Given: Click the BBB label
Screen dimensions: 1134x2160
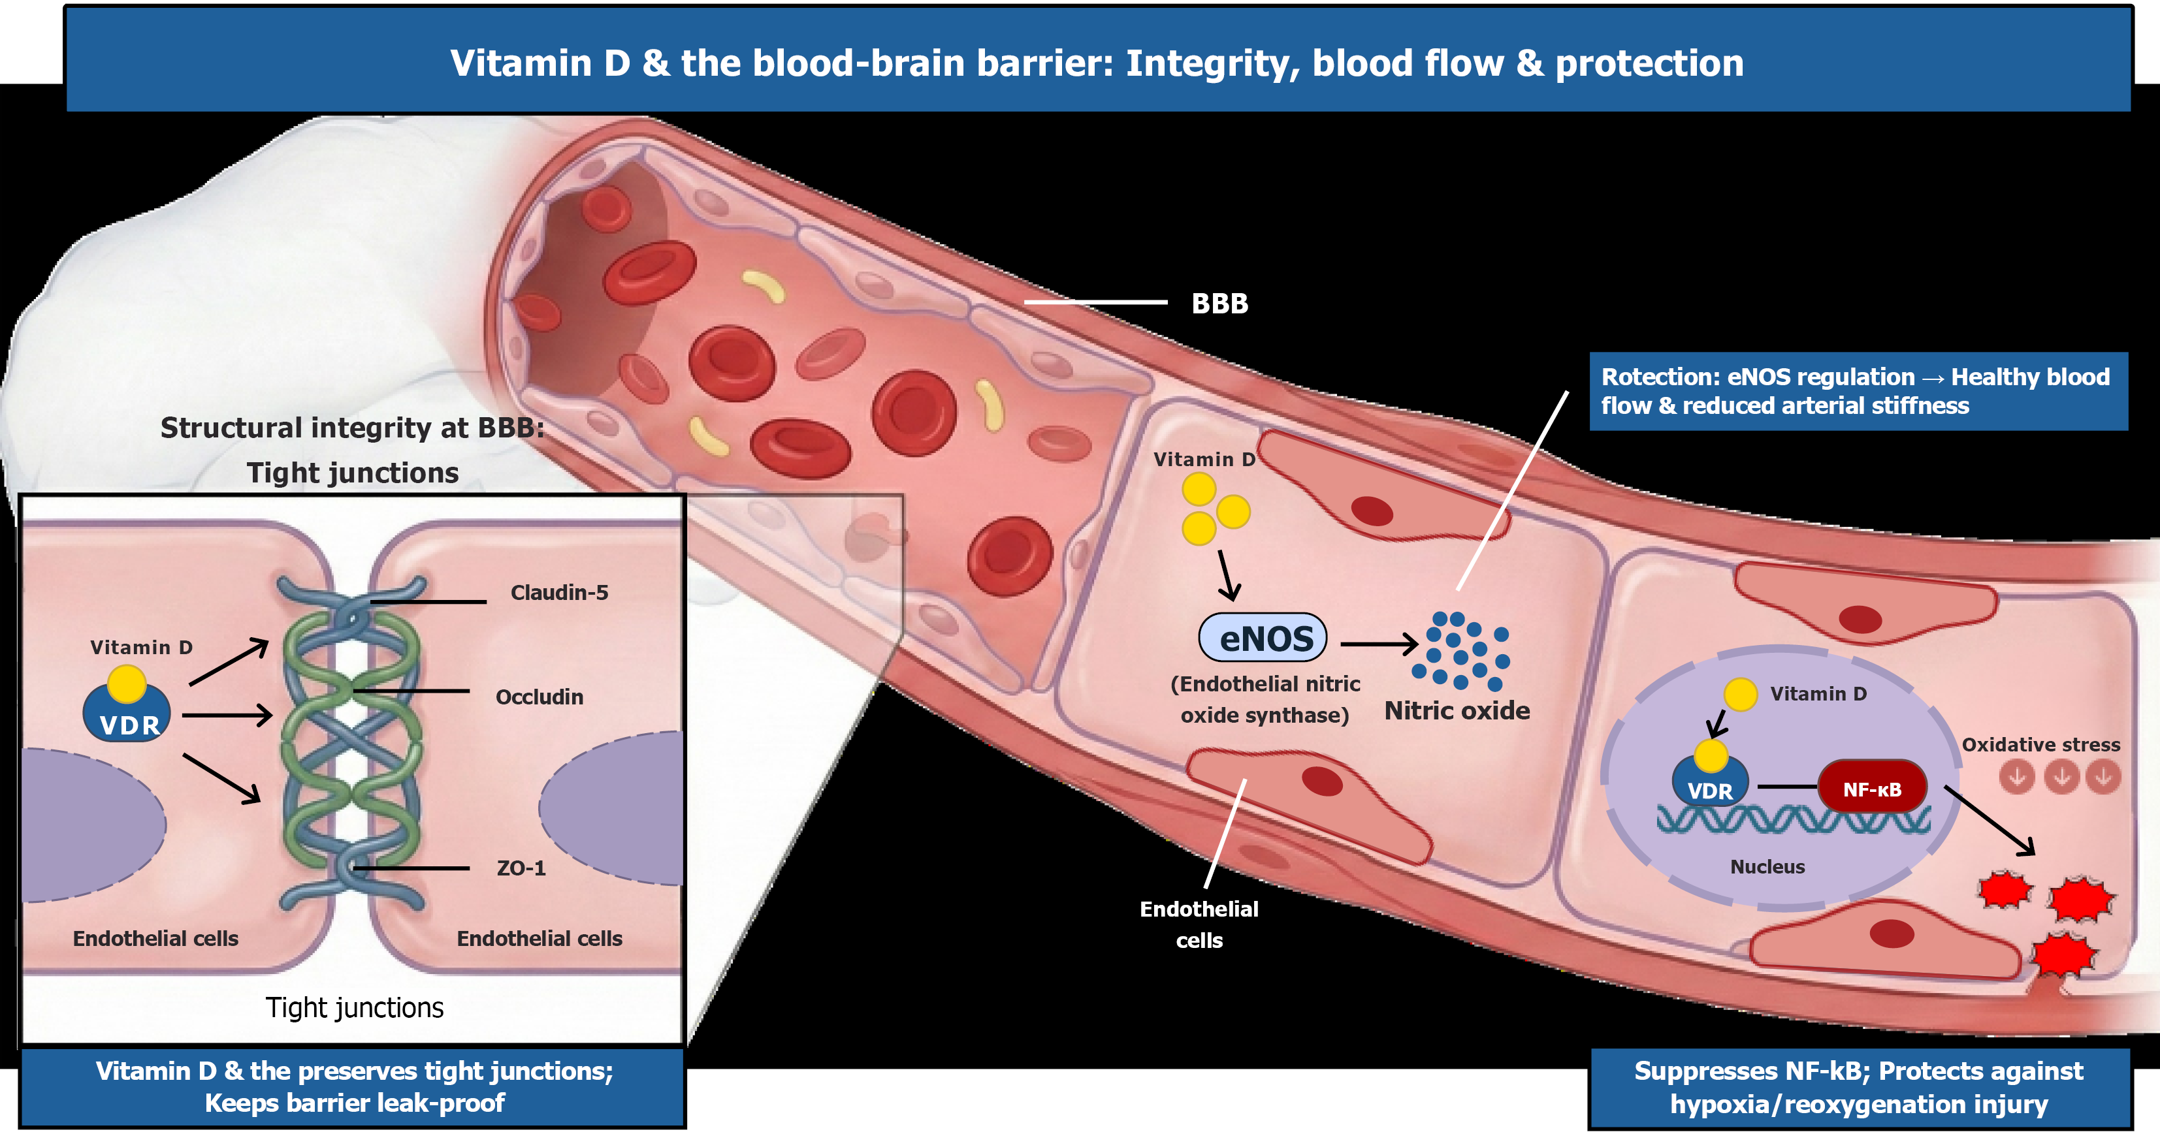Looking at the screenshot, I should pyautogui.click(x=1219, y=304).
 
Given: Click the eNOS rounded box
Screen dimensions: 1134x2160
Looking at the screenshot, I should pyautogui.click(x=1264, y=638).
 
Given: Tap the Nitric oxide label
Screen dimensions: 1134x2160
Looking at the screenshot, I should pyautogui.click(x=1457, y=711).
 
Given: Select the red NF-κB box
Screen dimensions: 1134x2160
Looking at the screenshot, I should pyautogui.click(x=1871, y=789).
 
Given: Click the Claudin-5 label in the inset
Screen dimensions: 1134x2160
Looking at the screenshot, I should pyautogui.click(x=559, y=593).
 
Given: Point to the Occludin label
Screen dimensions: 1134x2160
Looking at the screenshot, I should pyautogui.click(x=539, y=697).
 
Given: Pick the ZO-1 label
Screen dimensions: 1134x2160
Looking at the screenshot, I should pyautogui.click(x=521, y=868).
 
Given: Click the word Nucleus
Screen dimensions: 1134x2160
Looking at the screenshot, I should pyautogui.click(x=1767, y=866).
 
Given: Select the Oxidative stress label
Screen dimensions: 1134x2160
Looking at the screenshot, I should pyautogui.click(x=2040, y=744).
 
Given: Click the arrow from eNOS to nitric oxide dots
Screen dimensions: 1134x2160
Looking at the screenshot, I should pyautogui.click(x=1378, y=644).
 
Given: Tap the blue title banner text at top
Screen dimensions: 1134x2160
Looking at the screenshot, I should pyautogui.click(x=1097, y=63).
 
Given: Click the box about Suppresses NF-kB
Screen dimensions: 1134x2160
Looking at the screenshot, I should pyautogui.click(x=1858, y=1087).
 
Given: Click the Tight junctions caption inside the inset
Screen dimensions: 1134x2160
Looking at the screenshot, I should pyautogui.click(x=354, y=1007).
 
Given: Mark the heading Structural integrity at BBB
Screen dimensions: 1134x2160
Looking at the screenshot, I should pyautogui.click(x=352, y=428).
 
